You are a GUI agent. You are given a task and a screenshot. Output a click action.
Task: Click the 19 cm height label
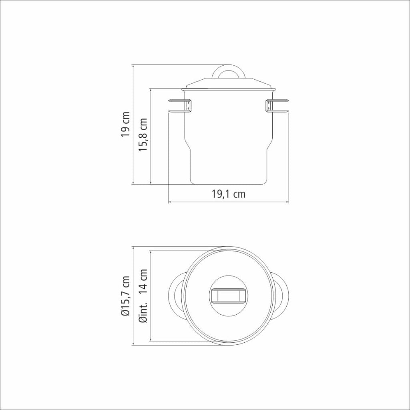pos(125,124)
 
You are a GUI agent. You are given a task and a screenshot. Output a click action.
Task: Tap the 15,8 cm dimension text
pos(143,135)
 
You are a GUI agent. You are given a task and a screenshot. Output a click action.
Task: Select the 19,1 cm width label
pos(229,194)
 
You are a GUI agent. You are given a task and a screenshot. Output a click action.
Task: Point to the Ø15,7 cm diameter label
pos(125,296)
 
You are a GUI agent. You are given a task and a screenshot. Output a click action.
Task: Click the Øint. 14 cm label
pos(143,296)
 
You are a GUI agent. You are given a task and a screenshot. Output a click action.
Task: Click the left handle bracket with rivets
pos(188,106)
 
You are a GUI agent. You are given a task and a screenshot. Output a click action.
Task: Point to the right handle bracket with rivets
pos(269,106)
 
